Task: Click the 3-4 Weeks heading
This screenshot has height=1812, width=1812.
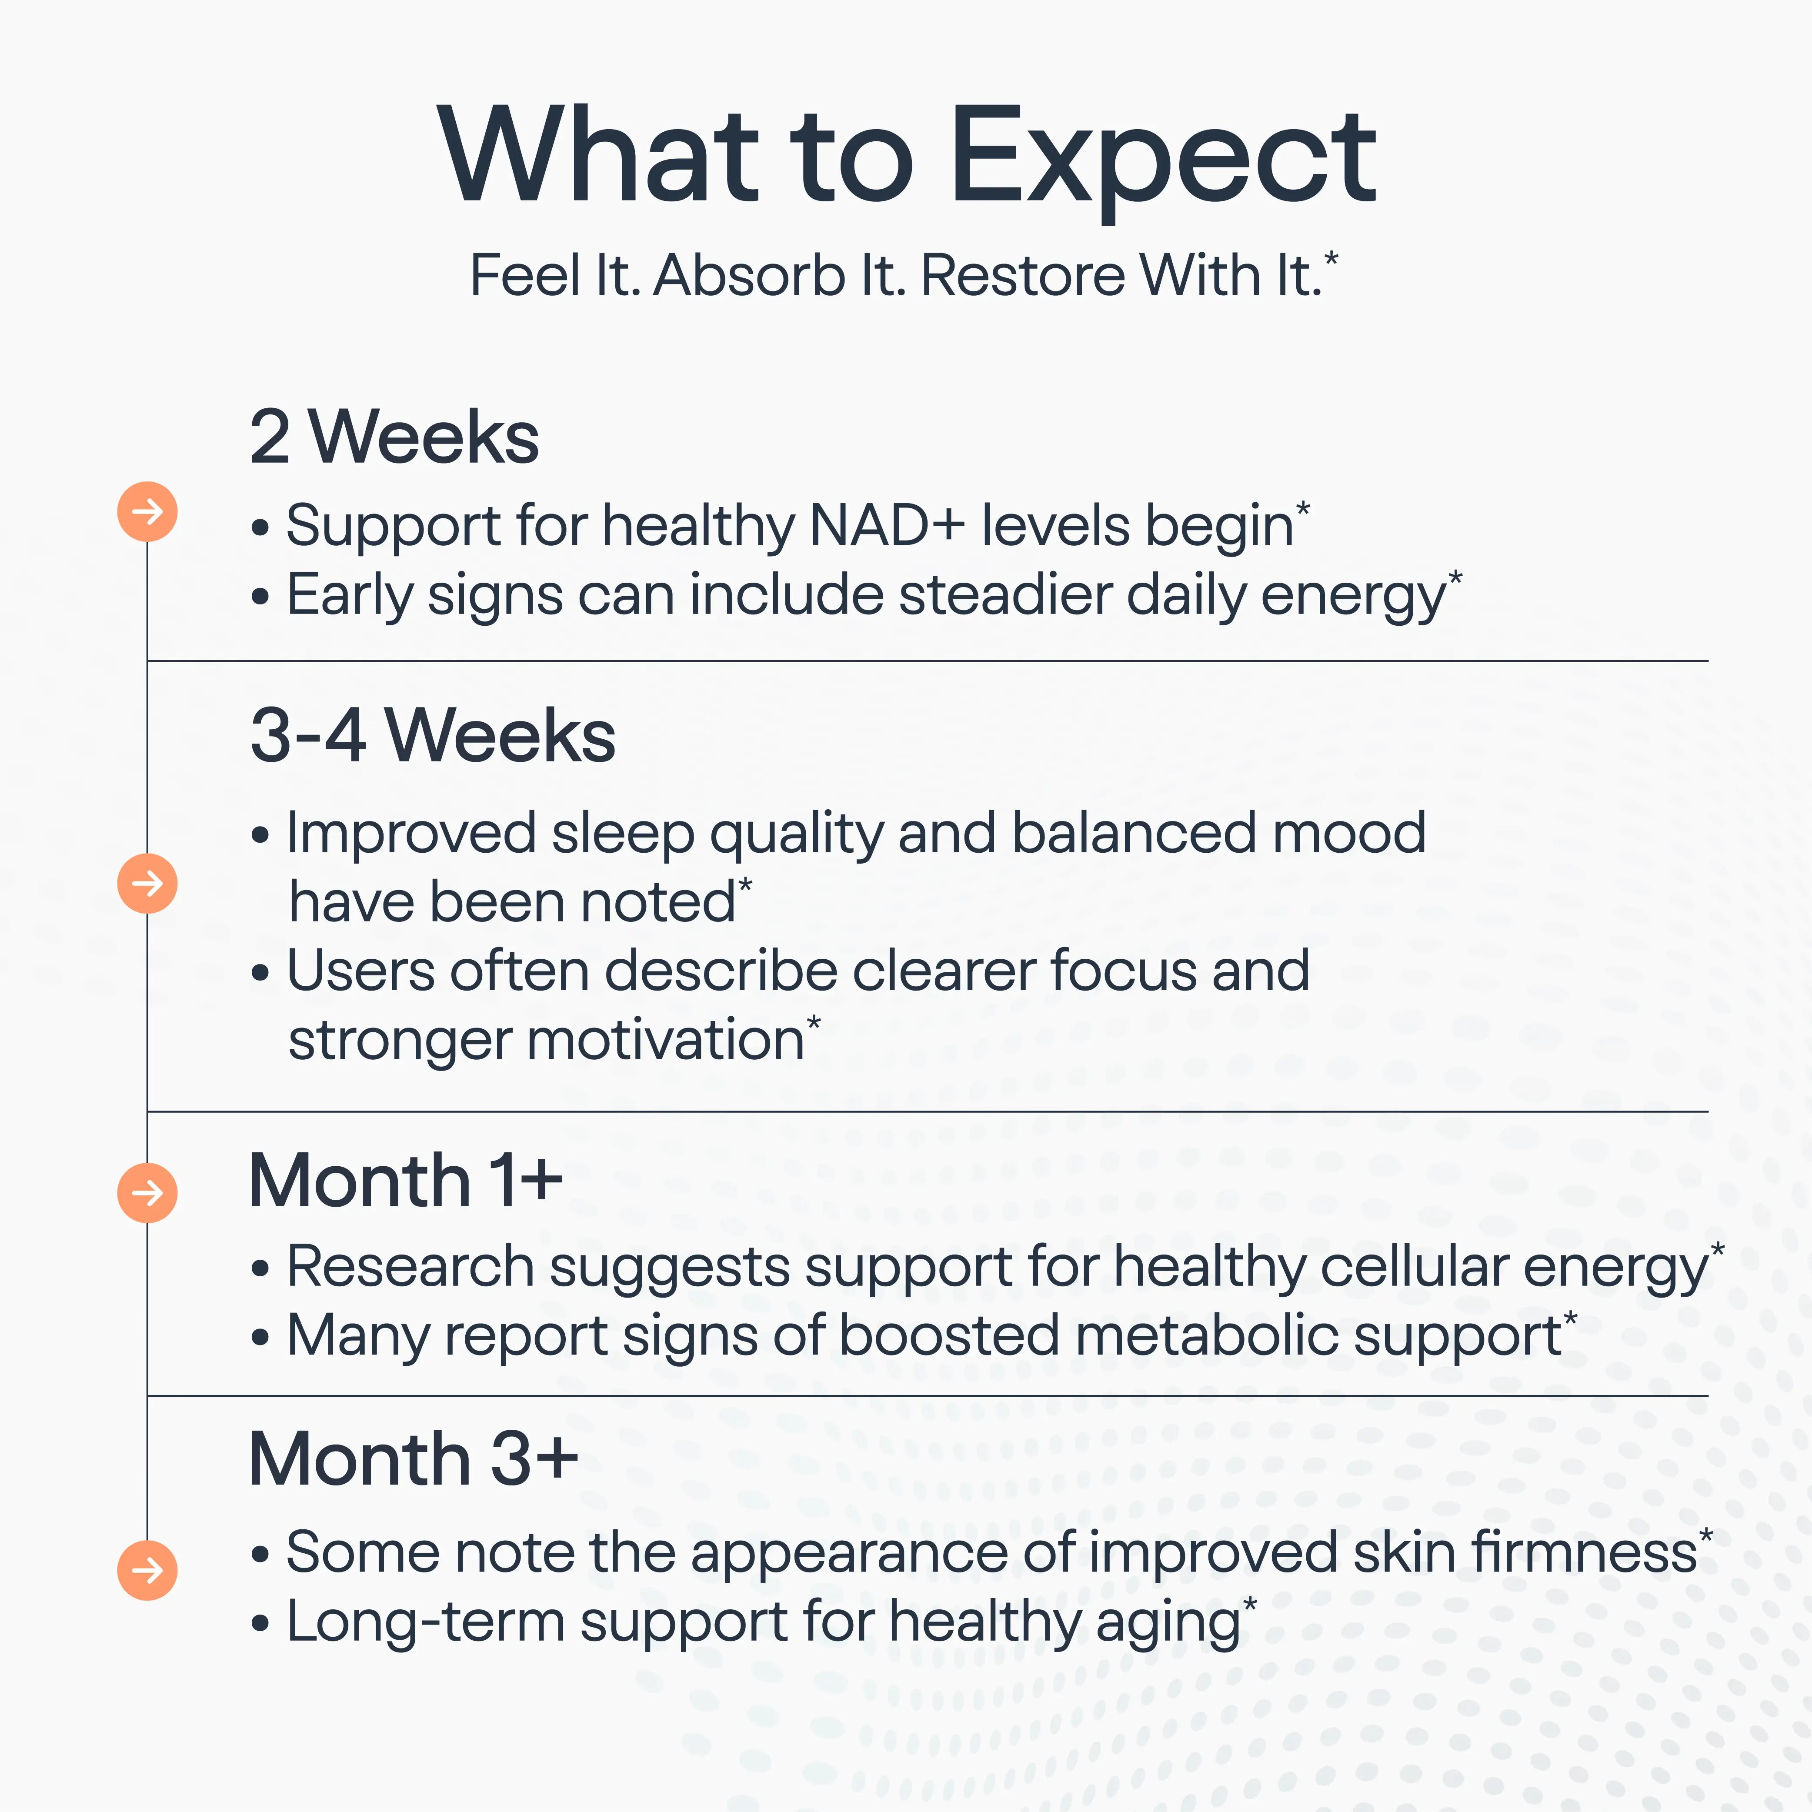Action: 432,735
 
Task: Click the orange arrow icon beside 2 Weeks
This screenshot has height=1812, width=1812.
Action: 147,511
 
